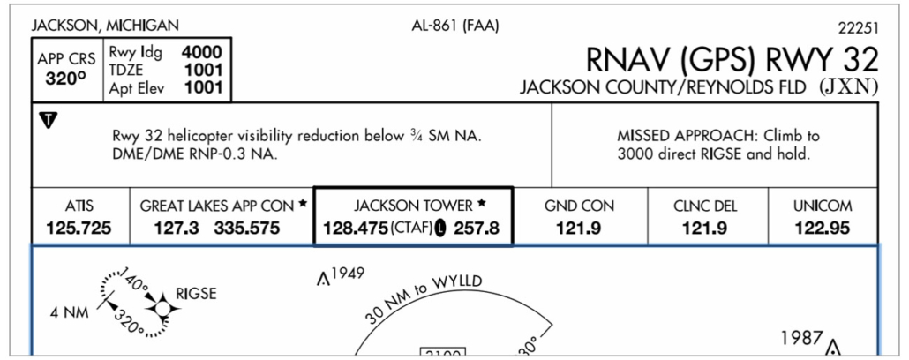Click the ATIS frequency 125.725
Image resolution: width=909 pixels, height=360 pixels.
pyautogui.click(x=79, y=229)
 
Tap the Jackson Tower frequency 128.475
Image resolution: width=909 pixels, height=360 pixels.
pyautogui.click(x=350, y=229)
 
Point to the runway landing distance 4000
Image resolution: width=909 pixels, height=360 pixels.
pyautogui.click(x=202, y=52)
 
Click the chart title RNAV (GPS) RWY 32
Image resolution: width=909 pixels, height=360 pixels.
pyautogui.click(x=732, y=59)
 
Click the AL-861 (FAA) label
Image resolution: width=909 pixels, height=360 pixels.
pyautogui.click(x=455, y=25)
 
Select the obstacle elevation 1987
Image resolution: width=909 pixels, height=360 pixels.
pyautogui.click(x=802, y=338)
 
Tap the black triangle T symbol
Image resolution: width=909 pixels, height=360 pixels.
pyautogui.click(x=49, y=118)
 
